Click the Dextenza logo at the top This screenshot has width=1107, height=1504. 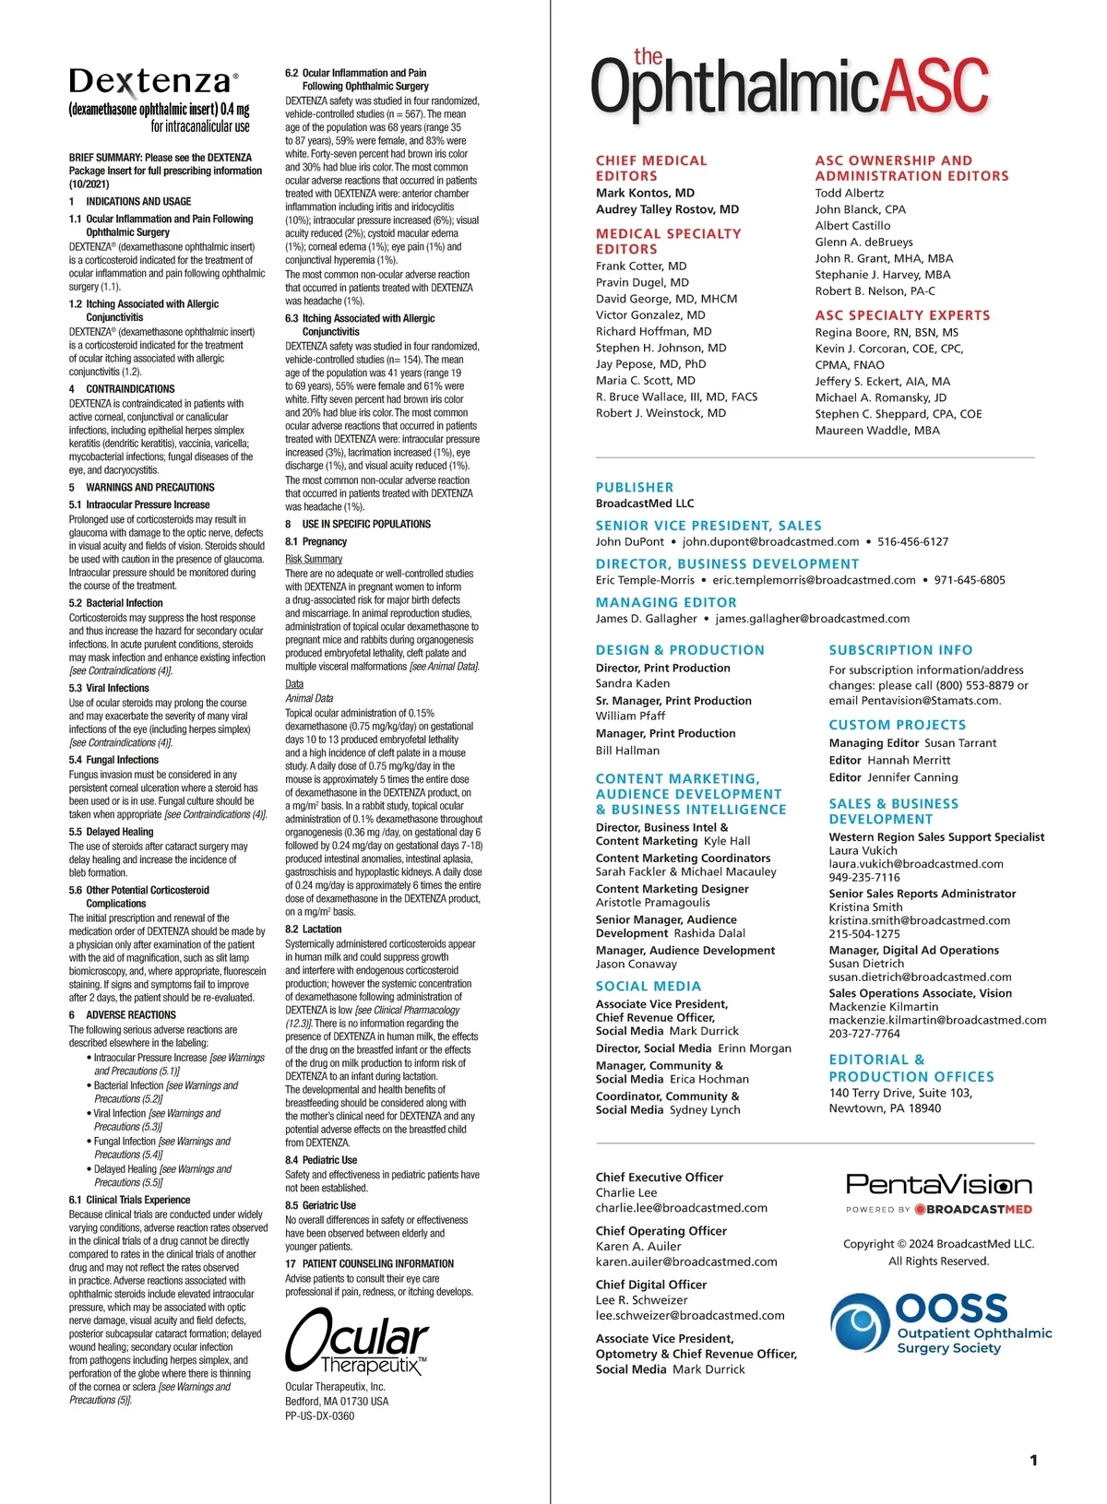[x=153, y=82]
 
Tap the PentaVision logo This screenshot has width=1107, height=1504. [x=938, y=1185]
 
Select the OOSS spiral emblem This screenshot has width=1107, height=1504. [x=860, y=1321]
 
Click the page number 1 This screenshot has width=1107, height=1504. [x=1033, y=1460]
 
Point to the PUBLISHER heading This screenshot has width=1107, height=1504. [x=635, y=487]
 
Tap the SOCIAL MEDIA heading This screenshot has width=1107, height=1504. [x=649, y=987]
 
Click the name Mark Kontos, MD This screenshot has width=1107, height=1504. [x=645, y=193]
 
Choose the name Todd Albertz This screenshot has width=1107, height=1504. [x=849, y=193]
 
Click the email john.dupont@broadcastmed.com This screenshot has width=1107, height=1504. [x=770, y=541]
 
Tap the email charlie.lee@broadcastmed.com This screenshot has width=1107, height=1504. [x=681, y=1207]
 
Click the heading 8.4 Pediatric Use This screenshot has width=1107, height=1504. [x=321, y=1160]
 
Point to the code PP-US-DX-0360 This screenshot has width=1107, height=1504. [x=319, y=1415]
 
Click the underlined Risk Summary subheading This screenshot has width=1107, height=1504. [x=314, y=559]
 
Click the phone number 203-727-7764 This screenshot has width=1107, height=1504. [x=863, y=1034]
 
